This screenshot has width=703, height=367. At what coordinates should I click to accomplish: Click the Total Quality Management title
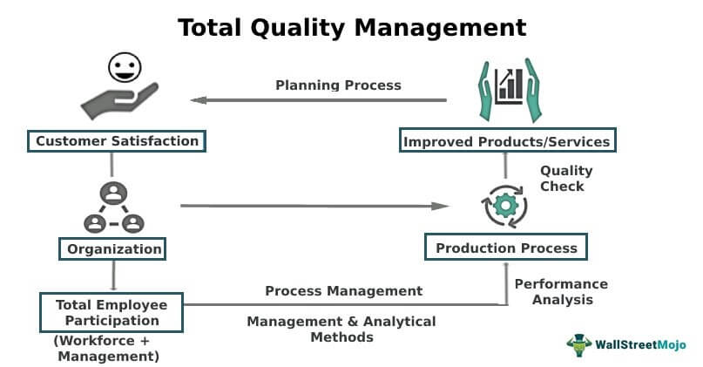[x=352, y=28]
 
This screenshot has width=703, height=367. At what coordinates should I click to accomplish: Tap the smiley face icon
[x=125, y=68]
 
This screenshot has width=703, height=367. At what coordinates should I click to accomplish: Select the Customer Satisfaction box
[x=117, y=141]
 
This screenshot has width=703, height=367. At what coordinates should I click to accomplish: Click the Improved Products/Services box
[x=508, y=140]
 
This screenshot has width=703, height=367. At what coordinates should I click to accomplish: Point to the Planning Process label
[x=338, y=85]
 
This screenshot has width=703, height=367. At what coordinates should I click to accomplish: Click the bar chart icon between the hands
[x=510, y=86]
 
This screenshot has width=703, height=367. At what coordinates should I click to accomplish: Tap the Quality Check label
[x=566, y=178]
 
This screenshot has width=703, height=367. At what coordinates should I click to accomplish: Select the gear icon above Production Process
[x=505, y=206]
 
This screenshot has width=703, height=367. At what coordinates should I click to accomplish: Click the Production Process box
[x=506, y=247]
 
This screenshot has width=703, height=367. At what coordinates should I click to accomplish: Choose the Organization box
[x=112, y=249]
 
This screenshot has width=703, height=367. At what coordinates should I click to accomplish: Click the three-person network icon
[x=114, y=207]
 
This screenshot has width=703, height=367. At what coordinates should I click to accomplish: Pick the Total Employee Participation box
[x=112, y=312]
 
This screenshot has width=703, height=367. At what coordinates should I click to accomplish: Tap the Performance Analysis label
[x=561, y=292]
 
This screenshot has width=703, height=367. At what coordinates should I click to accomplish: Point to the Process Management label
[x=344, y=291]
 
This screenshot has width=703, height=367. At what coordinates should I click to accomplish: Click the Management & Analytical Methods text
[x=341, y=329]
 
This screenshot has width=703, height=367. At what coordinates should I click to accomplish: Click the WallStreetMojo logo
[x=626, y=344]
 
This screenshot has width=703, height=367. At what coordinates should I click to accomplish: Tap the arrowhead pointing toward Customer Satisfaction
[x=198, y=100]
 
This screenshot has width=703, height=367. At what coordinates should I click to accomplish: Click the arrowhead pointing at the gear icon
[x=440, y=206]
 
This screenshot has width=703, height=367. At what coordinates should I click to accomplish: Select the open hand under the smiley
[x=119, y=101]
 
